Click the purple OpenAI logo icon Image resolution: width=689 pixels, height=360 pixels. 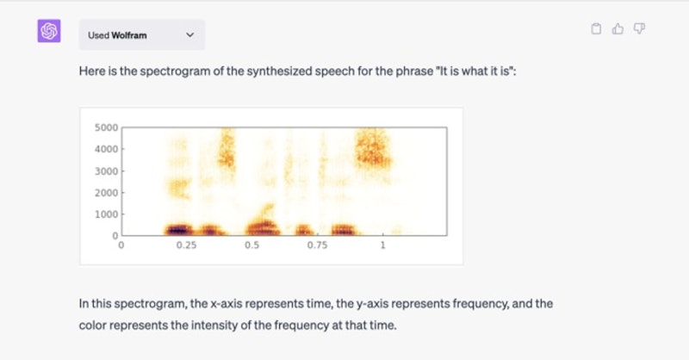pyautogui.click(x=49, y=31)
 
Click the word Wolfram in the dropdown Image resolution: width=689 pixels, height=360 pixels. pyautogui.click(x=128, y=35)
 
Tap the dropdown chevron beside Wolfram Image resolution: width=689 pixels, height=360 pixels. pyautogui.click(x=189, y=34)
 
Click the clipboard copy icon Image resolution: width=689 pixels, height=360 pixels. pyautogui.click(x=596, y=28)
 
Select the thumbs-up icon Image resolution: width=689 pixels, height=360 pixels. pyautogui.click(x=618, y=28)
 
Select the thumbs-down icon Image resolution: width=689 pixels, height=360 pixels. pyautogui.click(x=639, y=28)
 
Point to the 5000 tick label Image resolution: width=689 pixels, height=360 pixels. pyautogui.click(x=106, y=127)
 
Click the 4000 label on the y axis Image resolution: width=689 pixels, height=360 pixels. pyautogui.click(x=106, y=149)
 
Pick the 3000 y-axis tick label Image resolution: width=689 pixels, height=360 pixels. pyautogui.click(x=106, y=171)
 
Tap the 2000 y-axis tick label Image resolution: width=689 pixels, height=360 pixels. pyautogui.click(x=106, y=193)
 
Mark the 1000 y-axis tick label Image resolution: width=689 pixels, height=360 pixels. pyautogui.click(x=106, y=214)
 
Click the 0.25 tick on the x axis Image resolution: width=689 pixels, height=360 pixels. pyautogui.click(x=186, y=245)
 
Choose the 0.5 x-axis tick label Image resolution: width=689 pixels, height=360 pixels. pyautogui.click(x=251, y=245)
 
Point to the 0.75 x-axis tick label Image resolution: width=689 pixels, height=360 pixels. pyautogui.click(x=317, y=245)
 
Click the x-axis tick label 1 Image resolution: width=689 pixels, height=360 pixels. pyautogui.click(x=382, y=245)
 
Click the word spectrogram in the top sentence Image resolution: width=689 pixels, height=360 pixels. pyautogui.click(x=175, y=71)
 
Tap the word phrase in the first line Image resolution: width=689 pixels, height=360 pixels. pyautogui.click(x=414, y=71)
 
